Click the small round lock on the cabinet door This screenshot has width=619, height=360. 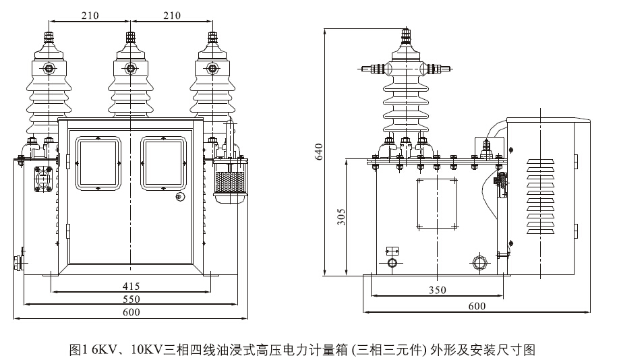(x=179, y=197)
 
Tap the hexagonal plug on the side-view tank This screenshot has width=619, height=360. (x=480, y=261)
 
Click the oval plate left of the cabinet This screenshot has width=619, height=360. (x=45, y=179)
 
